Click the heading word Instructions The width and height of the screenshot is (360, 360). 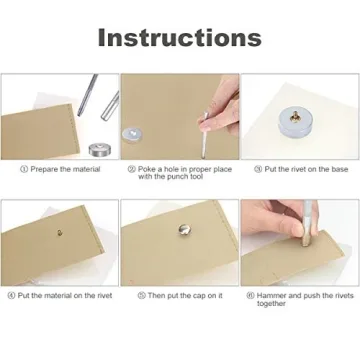point(179,38)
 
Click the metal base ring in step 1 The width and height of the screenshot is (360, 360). point(98,149)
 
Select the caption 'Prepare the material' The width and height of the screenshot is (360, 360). point(64,169)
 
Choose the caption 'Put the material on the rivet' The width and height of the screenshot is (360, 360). point(64,295)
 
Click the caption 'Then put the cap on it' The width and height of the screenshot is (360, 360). point(184,295)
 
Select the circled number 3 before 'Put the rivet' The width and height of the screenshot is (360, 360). point(258,169)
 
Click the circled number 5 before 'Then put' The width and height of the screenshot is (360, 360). point(141,295)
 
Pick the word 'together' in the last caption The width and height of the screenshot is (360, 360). point(273,303)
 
